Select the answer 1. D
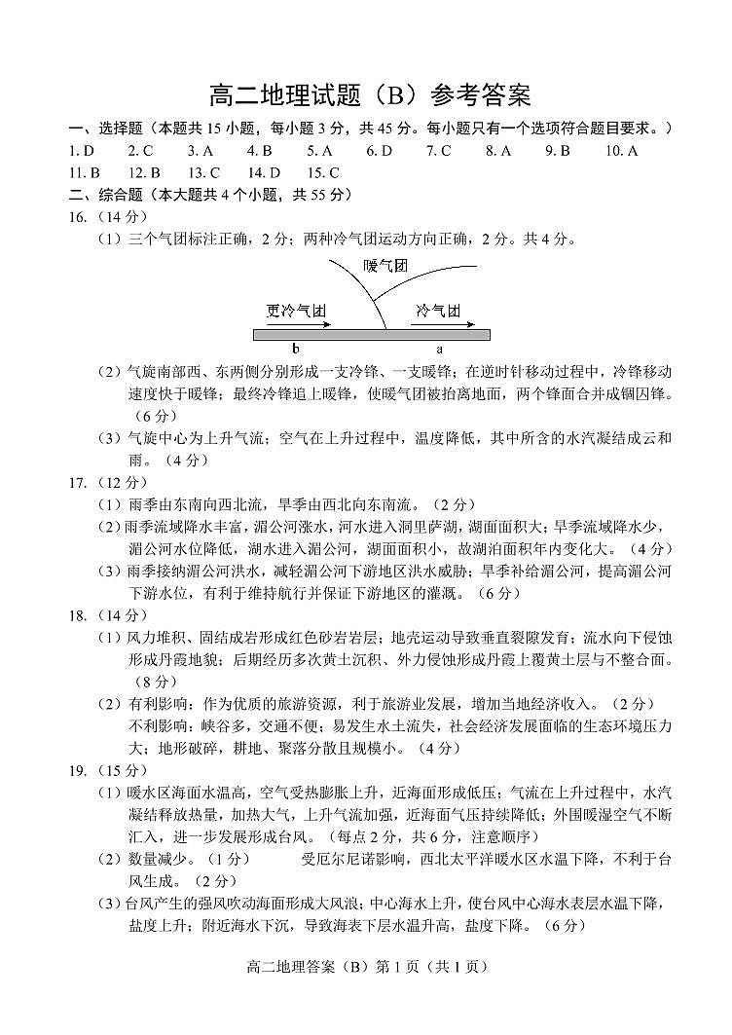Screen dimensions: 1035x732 (x=82, y=151)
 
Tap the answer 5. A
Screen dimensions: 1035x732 (x=319, y=151)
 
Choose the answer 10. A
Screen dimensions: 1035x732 (x=621, y=151)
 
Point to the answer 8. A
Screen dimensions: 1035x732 (x=498, y=151)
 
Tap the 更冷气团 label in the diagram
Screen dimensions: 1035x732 (x=295, y=310)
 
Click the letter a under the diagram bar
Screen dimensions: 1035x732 (x=439, y=348)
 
